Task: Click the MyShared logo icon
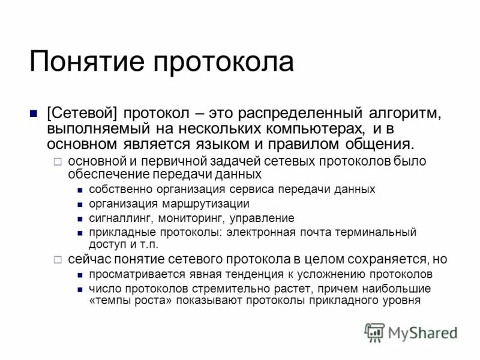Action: coord(374,332)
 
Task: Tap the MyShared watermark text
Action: coord(422,332)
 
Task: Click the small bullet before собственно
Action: coord(80,190)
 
